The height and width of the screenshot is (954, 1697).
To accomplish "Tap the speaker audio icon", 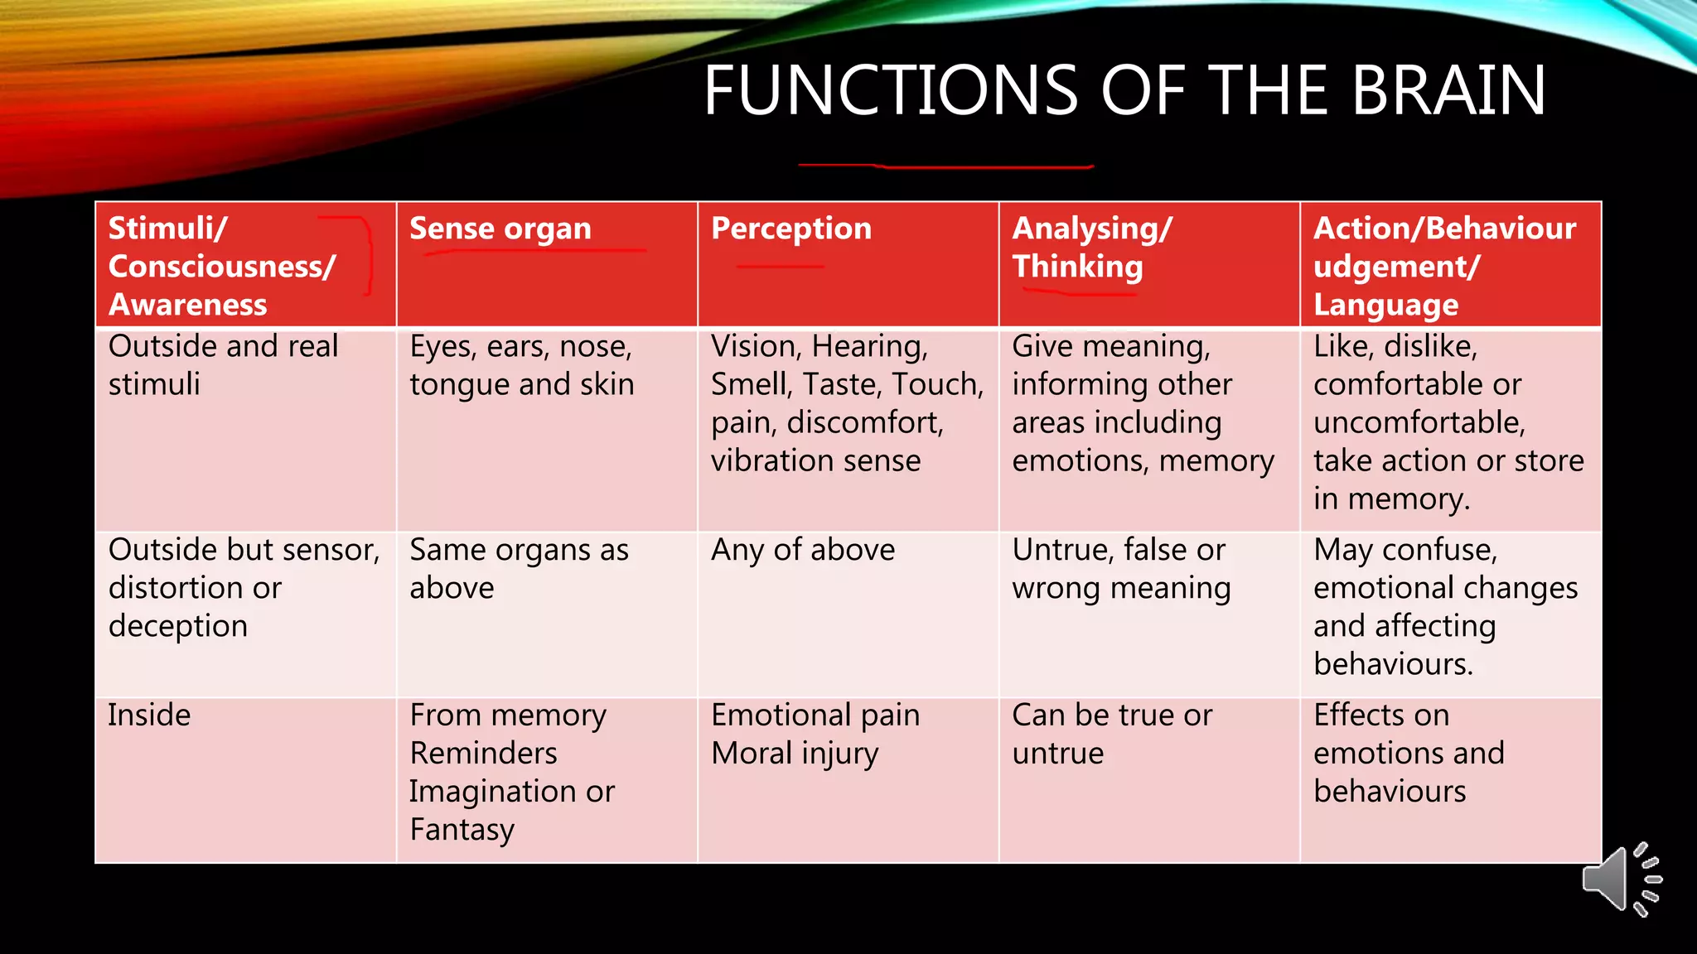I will coord(1620,879).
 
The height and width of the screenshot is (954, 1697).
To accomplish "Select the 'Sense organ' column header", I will coord(500,229).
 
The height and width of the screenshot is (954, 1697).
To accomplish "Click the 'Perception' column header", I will coord(790,229).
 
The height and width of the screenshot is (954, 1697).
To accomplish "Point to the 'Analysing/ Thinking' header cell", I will coord(1092,248).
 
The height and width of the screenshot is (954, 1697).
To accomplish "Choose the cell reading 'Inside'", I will coord(149,715).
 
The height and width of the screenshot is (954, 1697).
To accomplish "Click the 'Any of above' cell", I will coord(802,550).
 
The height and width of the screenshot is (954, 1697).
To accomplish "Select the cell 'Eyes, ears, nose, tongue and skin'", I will coord(521,365).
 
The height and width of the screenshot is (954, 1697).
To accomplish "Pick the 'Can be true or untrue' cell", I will coord(1111,734).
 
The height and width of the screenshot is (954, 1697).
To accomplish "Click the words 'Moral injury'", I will coord(794,754).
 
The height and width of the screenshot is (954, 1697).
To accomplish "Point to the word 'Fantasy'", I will coord(462,830).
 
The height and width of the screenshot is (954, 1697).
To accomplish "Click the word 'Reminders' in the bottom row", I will coord(483,754).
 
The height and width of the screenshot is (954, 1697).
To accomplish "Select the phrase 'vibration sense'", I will coord(815,460).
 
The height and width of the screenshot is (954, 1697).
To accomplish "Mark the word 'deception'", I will coord(178,626).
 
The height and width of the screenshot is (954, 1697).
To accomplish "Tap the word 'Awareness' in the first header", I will coord(188,305).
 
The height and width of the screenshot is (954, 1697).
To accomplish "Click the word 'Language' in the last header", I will coord(1385,305).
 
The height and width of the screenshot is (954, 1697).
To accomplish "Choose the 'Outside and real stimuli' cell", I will coord(223,365).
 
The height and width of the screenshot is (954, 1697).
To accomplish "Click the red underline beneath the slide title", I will coord(945,166).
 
